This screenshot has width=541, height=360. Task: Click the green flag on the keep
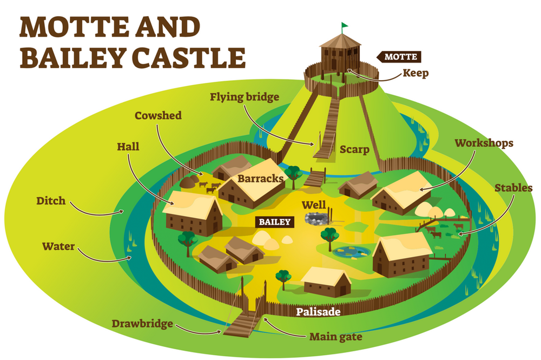coord(345,25)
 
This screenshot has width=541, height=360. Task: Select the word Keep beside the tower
coord(415,73)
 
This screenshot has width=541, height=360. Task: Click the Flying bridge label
coord(245,97)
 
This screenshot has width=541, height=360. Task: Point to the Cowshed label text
coord(158,115)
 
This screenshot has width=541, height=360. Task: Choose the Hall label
coord(128,146)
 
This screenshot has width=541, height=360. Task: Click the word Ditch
coord(51,201)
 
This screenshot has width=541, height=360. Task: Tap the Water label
coord(58,247)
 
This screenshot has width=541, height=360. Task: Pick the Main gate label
coord(335,337)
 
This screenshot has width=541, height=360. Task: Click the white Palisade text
coord(319,312)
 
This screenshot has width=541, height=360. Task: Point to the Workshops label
coord(484,143)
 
